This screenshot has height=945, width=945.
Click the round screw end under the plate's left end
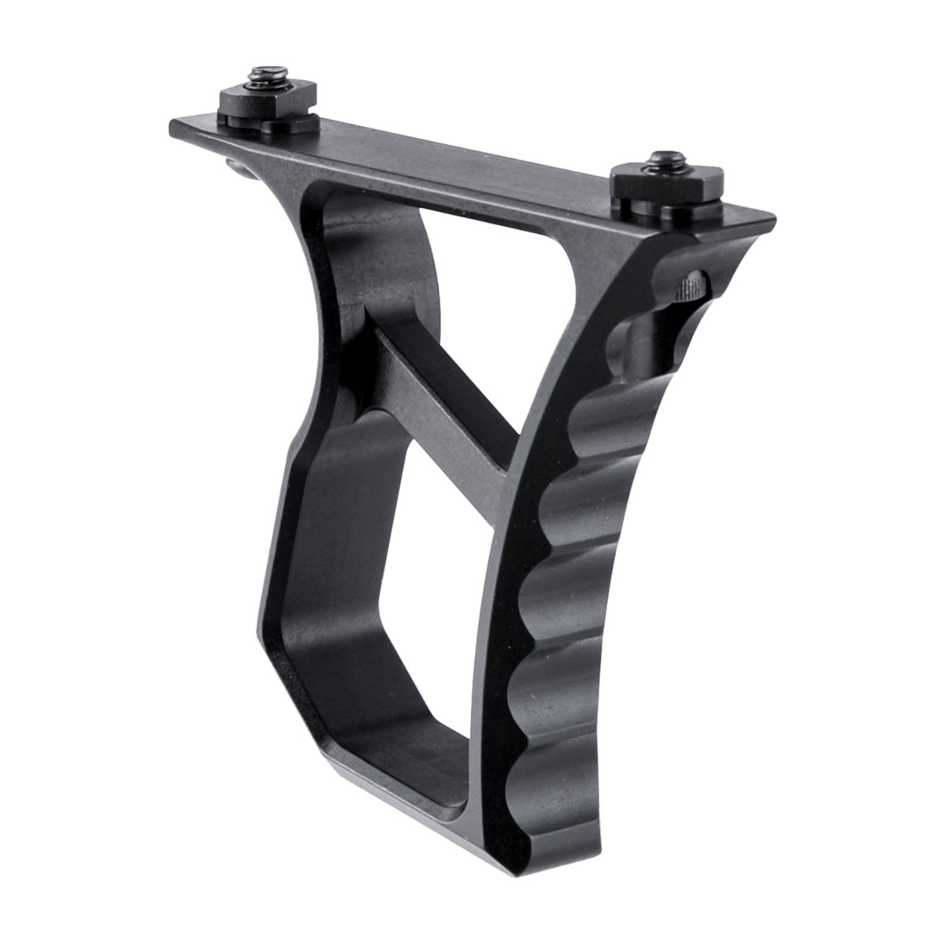(x=235, y=164)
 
